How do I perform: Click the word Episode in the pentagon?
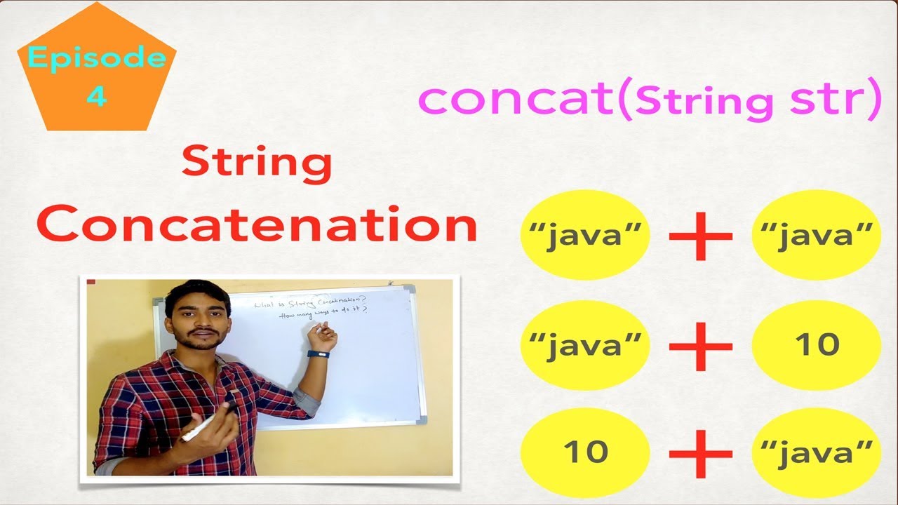[x=97, y=58]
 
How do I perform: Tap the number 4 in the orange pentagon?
[x=97, y=95]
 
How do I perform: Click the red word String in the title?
[x=256, y=163]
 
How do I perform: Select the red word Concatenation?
[x=257, y=224]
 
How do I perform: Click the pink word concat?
[x=516, y=100]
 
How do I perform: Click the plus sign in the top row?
[x=700, y=235]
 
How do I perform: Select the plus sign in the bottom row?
[x=700, y=453]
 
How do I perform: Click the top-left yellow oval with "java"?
[x=585, y=235]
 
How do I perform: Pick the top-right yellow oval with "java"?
[x=816, y=235]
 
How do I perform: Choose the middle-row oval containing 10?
[x=816, y=344]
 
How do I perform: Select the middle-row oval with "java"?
[x=585, y=344]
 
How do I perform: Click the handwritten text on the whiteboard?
[x=323, y=309]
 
